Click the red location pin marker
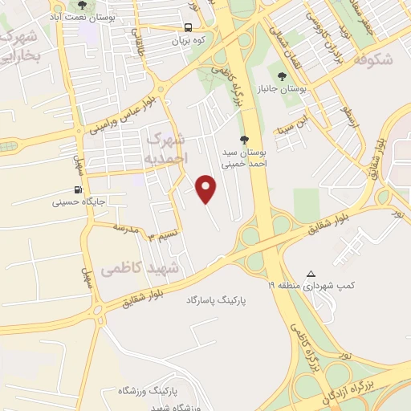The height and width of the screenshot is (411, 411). point(207,189)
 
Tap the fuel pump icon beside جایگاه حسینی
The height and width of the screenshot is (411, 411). point(77,190)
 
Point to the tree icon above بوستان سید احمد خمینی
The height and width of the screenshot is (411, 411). point(255,140)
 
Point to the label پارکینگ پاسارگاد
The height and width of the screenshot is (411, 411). point(215,299)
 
